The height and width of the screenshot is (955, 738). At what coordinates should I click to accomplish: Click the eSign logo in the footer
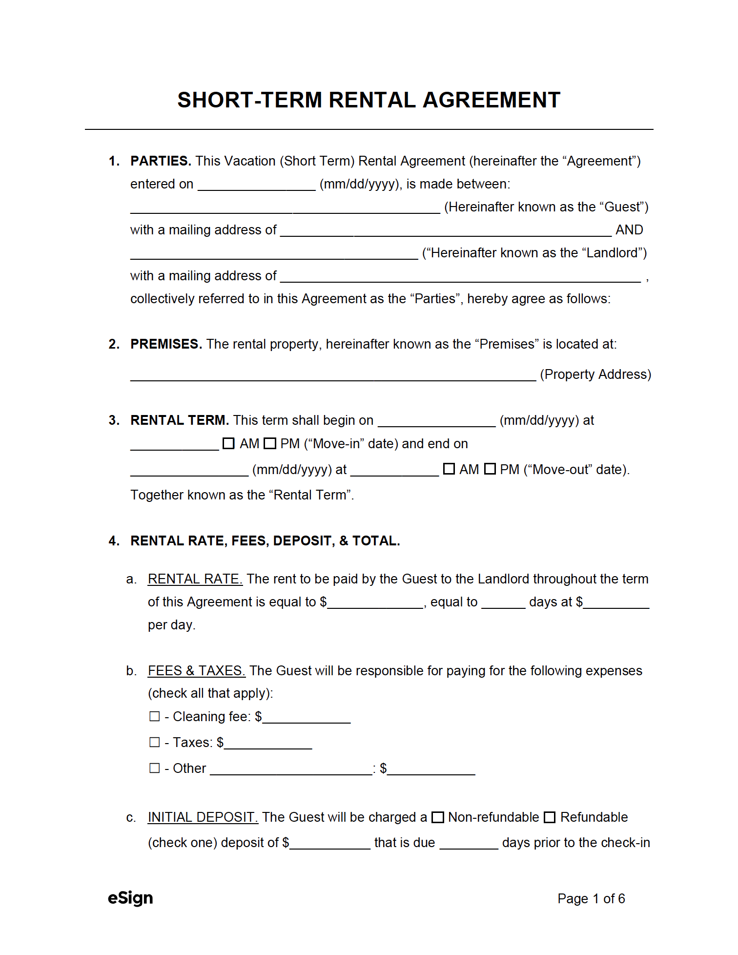coord(130,898)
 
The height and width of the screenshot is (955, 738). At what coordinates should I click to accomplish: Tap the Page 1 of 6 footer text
coord(591,898)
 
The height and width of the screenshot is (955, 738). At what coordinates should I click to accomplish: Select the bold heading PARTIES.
coord(160,161)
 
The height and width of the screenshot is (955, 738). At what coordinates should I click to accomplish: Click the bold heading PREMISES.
coord(165,344)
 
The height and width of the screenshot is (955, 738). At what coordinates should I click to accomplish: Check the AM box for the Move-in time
coord(228,443)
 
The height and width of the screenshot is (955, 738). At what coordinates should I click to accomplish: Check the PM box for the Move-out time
coord(490,469)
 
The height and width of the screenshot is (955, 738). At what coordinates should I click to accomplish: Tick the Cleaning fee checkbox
coord(155,716)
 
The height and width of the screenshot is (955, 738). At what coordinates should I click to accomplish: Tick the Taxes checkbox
coord(155,742)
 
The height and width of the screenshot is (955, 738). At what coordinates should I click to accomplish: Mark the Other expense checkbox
coord(155,768)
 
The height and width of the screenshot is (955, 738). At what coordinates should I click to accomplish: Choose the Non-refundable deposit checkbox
coord(438,817)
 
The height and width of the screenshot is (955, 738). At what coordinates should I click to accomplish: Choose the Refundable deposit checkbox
coord(550,817)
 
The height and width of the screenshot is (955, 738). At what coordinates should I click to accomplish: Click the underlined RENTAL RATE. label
coord(195,579)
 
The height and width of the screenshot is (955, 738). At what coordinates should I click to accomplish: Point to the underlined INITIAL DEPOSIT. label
coord(203,817)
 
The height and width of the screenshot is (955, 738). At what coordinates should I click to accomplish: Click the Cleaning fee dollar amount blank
coord(307,718)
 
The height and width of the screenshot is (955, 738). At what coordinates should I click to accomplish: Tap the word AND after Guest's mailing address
coord(629,230)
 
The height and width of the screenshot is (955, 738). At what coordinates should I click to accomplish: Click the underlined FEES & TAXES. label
coord(196,671)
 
